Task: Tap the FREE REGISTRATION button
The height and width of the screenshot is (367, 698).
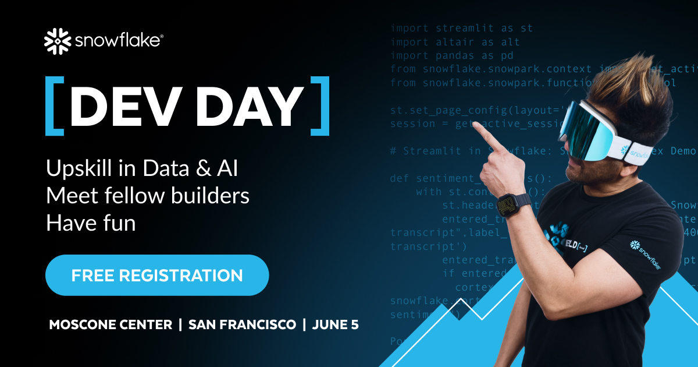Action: (x=157, y=275)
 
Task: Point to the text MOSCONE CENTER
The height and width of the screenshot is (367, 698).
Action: (x=111, y=325)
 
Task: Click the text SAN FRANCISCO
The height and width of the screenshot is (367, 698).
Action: (x=242, y=325)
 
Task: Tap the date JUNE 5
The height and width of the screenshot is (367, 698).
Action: (x=335, y=325)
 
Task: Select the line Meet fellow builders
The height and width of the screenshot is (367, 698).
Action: (x=148, y=196)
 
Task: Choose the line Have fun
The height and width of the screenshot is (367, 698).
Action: (x=91, y=223)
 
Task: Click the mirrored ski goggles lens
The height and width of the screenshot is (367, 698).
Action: (x=587, y=131)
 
